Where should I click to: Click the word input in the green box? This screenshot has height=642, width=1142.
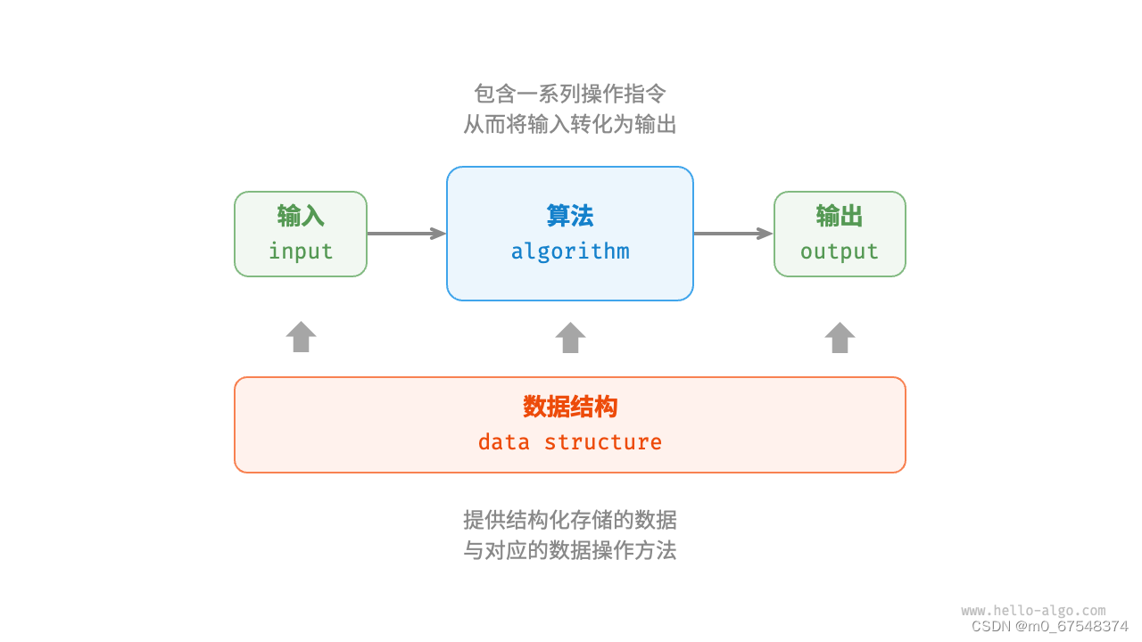click(x=301, y=251)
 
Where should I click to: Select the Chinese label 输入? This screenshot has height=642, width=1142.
click(x=301, y=216)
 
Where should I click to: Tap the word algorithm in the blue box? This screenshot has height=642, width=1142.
click(x=570, y=251)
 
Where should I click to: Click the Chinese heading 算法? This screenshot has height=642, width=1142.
click(x=570, y=216)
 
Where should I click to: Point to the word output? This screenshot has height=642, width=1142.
click(x=840, y=251)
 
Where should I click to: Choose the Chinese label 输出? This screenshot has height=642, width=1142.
click(x=840, y=216)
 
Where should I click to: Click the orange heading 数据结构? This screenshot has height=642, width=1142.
click(x=570, y=407)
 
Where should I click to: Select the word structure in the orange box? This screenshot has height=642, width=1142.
click(x=603, y=442)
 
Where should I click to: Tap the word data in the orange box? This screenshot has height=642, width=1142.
click(x=504, y=442)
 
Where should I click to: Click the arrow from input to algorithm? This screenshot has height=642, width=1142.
click(x=406, y=234)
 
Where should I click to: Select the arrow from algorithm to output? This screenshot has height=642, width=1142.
click(x=732, y=234)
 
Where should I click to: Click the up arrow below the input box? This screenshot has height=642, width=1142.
click(x=301, y=337)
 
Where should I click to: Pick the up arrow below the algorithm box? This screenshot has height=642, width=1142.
click(x=570, y=337)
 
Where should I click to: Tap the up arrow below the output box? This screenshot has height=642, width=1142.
click(x=840, y=337)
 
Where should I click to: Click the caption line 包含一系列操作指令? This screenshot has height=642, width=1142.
click(x=570, y=94)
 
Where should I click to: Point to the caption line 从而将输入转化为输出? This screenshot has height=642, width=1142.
click(x=570, y=124)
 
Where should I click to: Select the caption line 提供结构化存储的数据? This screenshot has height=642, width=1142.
click(x=570, y=520)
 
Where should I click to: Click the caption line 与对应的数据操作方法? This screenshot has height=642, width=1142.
click(x=570, y=550)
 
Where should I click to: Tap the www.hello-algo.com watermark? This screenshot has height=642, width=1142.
click(x=1033, y=611)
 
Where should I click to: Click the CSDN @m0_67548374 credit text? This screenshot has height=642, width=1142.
click(x=1049, y=627)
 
